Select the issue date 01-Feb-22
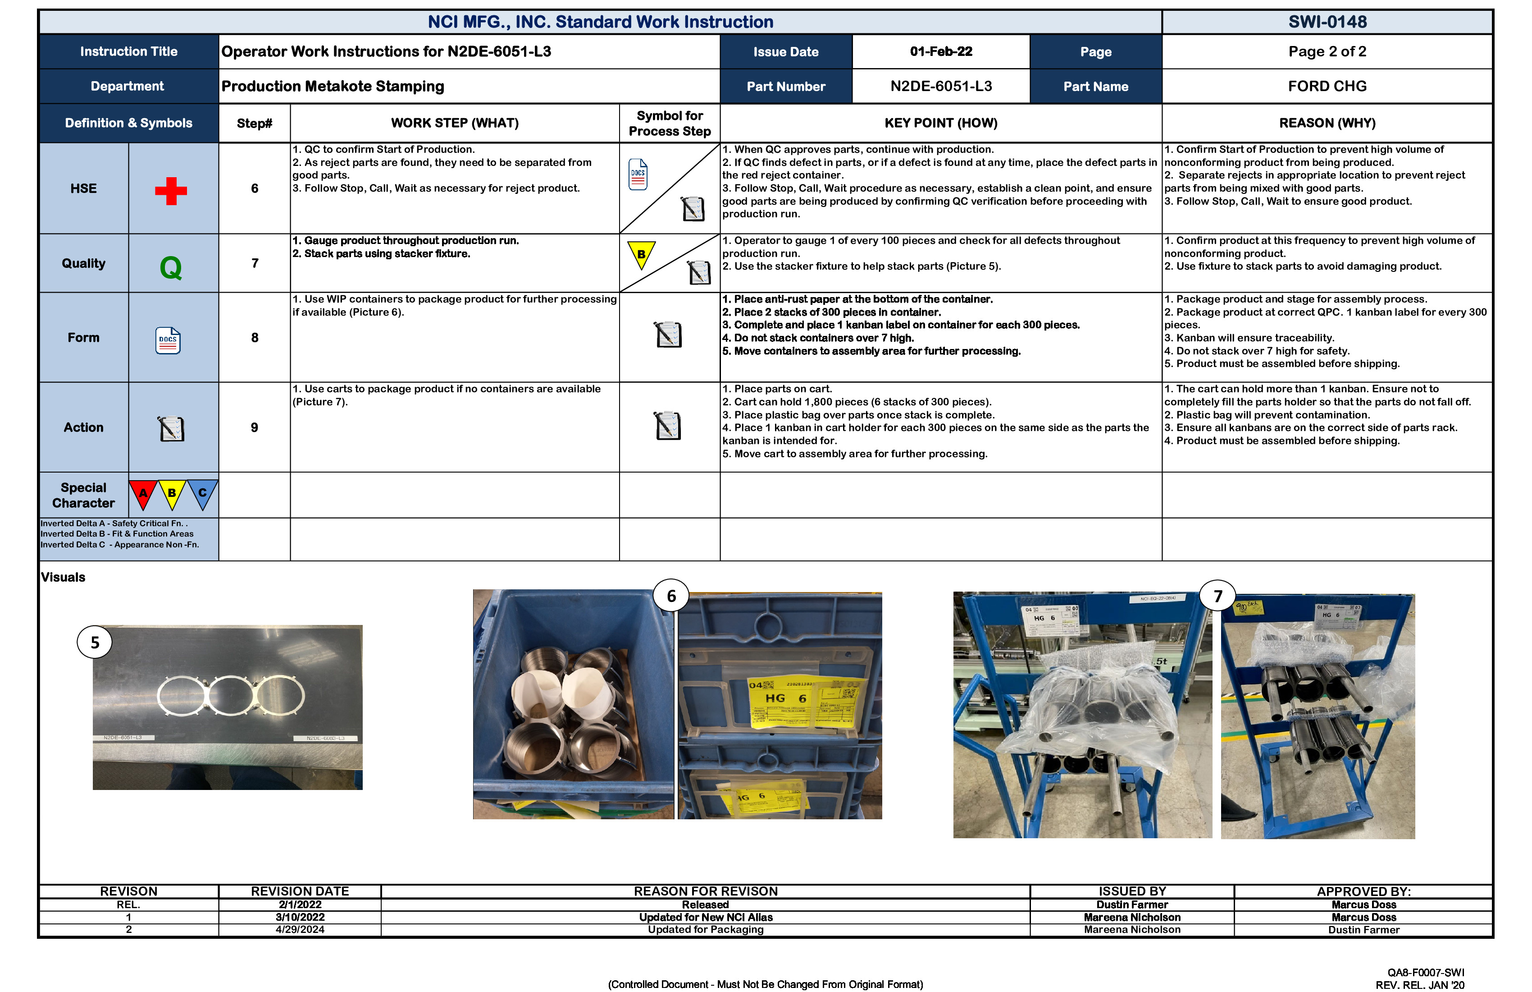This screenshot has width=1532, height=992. (x=940, y=51)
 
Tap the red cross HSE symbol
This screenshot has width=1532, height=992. (x=171, y=191)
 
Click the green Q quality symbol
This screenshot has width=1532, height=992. (x=171, y=266)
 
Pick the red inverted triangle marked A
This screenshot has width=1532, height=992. (x=143, y=493)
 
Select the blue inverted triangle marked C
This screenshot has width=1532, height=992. (x=202, y=493)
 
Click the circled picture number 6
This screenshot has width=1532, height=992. (x=671, y=596)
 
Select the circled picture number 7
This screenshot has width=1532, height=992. (x=1217, y=596)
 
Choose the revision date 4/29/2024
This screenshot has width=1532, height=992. (x=300, y=929)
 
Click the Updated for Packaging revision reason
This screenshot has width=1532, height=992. (x=706, y=929)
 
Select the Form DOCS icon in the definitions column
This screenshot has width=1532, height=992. (x=168, y=340)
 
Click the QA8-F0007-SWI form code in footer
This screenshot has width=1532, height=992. (x=1425, y=973)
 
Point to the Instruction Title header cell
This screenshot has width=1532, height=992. (x=129, y=51)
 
